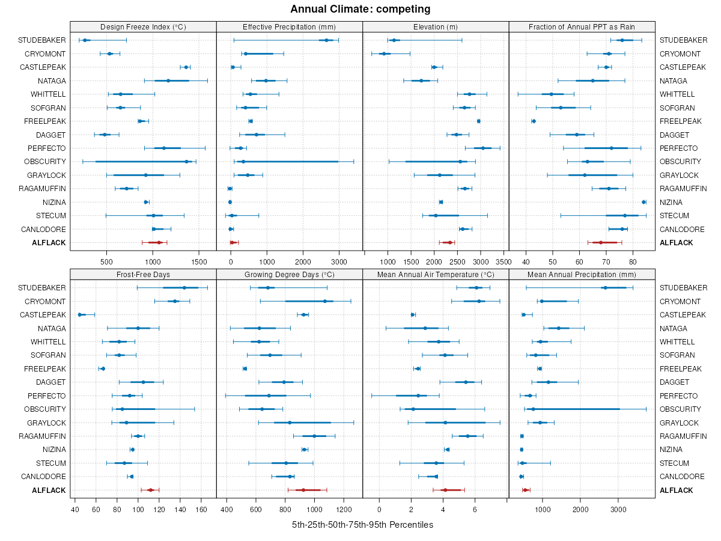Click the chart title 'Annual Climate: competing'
point(360,9)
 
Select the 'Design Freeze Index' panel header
point(143,27)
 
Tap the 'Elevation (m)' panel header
point(436,27)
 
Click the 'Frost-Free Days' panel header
point(143,275)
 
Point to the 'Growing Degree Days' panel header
point(289,275)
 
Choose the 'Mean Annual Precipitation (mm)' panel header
point(582,275)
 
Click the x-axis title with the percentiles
point(362,525)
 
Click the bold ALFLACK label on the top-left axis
point(49,243)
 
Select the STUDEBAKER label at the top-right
point(683,40)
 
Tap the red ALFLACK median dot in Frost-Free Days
point(151,491)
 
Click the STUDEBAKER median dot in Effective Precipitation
point(326,40)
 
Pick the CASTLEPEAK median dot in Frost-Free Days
point(80,314)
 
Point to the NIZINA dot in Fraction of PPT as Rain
point(643,202)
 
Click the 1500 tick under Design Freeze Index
point(199,261)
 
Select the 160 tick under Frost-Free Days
point(202,509)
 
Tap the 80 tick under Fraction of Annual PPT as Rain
point(633,261)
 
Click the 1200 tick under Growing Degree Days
point(344,509)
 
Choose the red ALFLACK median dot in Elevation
point(450,243)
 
